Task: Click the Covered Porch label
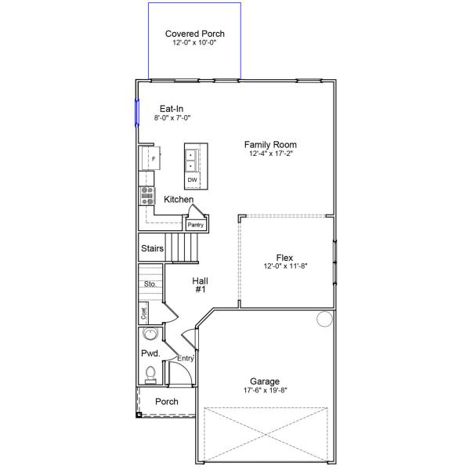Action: [195, 34]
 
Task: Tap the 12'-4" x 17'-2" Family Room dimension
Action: [271, 154]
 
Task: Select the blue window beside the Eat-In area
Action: [137, 112]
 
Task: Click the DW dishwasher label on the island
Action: [192, 180]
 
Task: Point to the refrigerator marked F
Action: [151, 158]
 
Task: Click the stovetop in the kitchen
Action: [147, 196]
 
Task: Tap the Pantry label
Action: [195, 225]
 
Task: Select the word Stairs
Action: [152, 248]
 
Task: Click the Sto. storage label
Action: [150, 284]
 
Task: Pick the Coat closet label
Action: [144, 313]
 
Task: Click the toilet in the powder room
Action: [150, 375]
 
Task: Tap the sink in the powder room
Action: [150, 334]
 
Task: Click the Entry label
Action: [186, 359]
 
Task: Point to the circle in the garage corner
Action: [324, 319]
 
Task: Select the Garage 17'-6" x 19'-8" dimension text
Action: [266, 390]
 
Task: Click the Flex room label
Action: [284, 258]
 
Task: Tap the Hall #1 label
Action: [201, 285]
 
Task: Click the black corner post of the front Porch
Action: [139, 415]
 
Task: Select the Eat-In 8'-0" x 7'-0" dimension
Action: [172, 117]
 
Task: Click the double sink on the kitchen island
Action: [190, 161]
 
